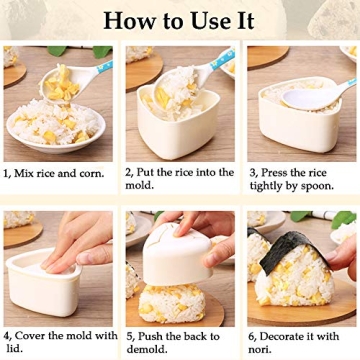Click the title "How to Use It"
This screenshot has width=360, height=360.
coord(179,20)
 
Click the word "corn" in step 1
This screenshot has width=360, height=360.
coord(93,173)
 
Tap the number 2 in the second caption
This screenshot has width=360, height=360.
coord(129,173)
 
